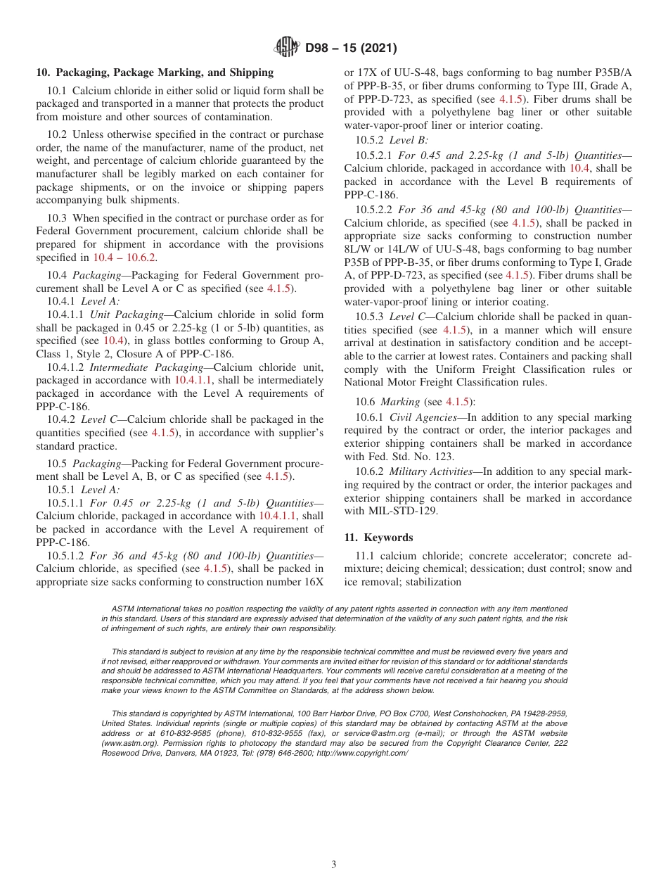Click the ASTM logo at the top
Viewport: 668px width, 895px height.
click(x=286, y=48)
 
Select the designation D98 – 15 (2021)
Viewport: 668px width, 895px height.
click(x=351, y=49)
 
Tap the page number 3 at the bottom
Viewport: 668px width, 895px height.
click(x=334, y=865)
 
